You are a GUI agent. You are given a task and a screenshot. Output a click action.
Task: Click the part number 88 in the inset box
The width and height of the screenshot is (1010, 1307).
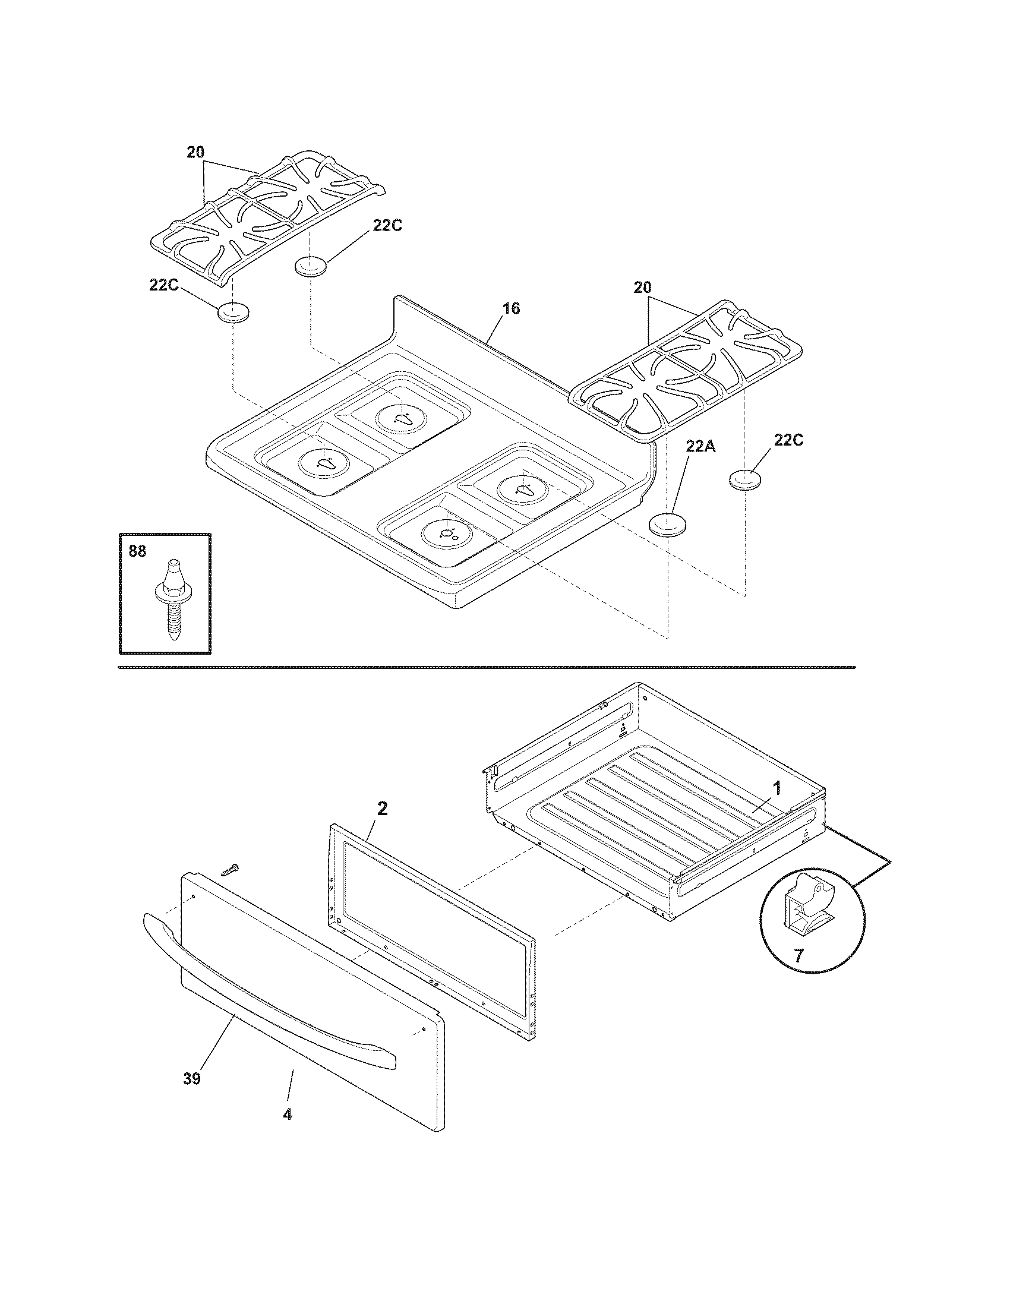(137, 551)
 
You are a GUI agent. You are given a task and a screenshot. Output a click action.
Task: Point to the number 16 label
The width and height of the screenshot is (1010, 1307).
(510, 309)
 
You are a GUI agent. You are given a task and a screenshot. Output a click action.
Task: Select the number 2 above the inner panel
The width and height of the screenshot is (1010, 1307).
(382, 809)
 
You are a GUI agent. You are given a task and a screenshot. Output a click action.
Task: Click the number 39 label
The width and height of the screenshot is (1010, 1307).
(192, 1078)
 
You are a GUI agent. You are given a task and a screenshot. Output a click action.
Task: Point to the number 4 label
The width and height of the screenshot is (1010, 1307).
(287, 1115)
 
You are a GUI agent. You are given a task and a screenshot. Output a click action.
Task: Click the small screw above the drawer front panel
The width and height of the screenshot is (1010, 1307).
(229, 870)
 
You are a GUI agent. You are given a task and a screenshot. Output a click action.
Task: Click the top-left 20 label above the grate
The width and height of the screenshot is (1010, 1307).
(195, 153)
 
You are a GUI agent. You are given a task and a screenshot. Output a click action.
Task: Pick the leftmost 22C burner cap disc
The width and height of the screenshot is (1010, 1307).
(233, 312)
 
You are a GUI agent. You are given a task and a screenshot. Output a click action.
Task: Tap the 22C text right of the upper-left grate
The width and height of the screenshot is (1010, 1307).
(388, 226)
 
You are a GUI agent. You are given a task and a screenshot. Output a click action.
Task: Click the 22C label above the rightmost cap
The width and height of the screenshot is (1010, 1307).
(788, 440)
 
